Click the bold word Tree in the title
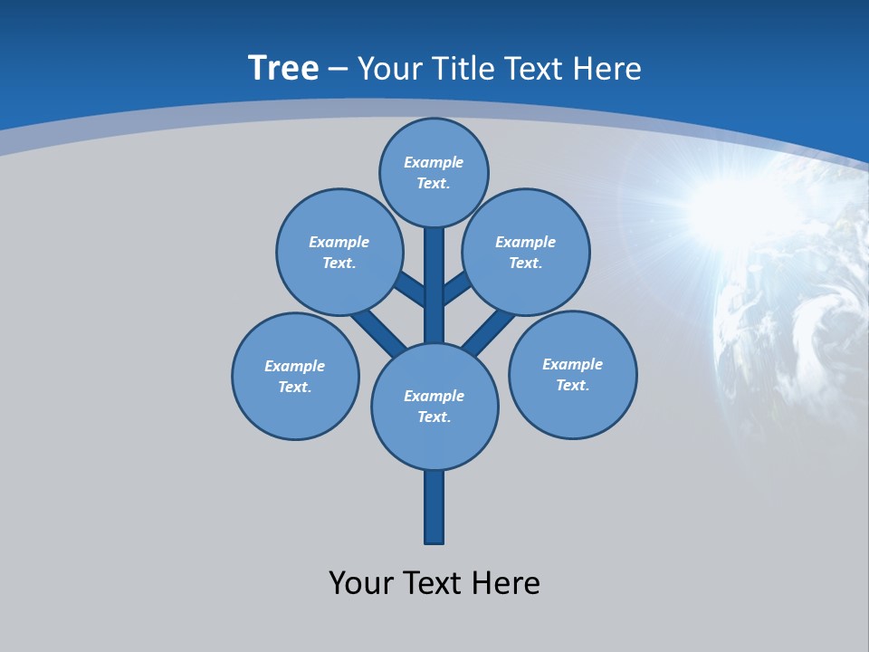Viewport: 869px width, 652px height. click(283, 68)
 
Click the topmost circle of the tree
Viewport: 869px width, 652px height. click(434, 172)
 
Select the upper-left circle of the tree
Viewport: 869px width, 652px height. click(339, 252)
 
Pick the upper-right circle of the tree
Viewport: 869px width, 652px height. click(526, 252)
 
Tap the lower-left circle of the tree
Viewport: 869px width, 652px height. click(295, 376)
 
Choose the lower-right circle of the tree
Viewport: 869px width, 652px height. click(572, 374)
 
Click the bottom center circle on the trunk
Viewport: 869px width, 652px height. click(434, 407)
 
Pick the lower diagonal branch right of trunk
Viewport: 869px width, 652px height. click(487, 331)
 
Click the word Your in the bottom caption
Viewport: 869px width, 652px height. click(362, 582)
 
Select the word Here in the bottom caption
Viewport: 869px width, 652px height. click(506, 582)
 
